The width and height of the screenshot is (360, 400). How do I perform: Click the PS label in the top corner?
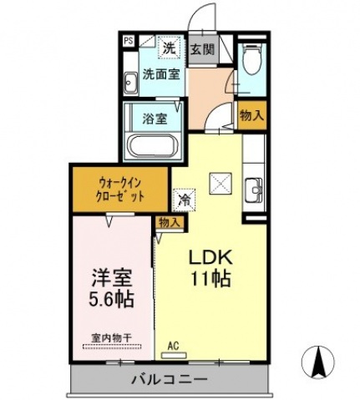click(x=128, y=39)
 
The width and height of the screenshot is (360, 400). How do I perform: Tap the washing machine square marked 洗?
click(x=169, y=48)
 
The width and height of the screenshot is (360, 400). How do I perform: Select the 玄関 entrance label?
click(x=201, y=48)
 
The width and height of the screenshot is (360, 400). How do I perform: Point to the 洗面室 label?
click(x=160, y=73)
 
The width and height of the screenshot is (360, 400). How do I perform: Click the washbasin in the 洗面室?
click(x=131, y=83)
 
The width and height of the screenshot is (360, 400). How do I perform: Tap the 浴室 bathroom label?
click(x=155, y=117)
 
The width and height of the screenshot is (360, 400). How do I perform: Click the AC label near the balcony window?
click(x=174, y=344)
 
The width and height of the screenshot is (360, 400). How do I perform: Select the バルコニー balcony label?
click(x=170, y=380)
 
